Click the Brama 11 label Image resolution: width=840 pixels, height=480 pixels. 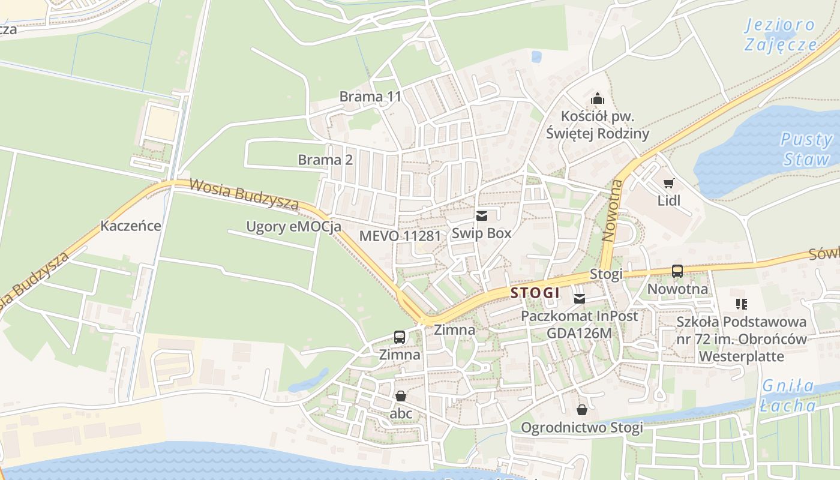[370, 97]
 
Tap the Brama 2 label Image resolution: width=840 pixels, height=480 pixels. [325, 160]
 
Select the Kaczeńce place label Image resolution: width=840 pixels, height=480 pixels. [131, 226]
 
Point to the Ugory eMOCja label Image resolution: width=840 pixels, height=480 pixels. [293, 227]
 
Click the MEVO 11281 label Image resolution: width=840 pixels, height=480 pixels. [400, 236]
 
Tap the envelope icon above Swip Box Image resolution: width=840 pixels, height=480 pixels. [481, 216]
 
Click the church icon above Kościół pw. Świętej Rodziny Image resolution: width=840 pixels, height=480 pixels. [598, 98]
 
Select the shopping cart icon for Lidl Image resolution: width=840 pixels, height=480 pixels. [668, 183]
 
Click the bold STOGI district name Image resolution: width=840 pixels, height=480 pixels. [535, 293]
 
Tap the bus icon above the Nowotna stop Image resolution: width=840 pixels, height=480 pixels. [677, 271]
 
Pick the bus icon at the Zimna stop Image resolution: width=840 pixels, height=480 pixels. [400, 337]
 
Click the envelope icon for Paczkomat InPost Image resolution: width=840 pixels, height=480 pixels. [580, 298]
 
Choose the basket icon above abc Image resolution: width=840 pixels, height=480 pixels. [401, 396]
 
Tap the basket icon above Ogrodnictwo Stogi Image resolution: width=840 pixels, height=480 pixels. [581, 410]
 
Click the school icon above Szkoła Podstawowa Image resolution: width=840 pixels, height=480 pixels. [741, 304]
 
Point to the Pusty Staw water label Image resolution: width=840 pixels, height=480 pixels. [806, 149]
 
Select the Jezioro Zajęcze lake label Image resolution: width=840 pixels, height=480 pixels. [781, 35]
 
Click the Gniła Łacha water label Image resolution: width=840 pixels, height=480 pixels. [787, 395]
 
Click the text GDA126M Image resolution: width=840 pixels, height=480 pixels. [579, 333]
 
